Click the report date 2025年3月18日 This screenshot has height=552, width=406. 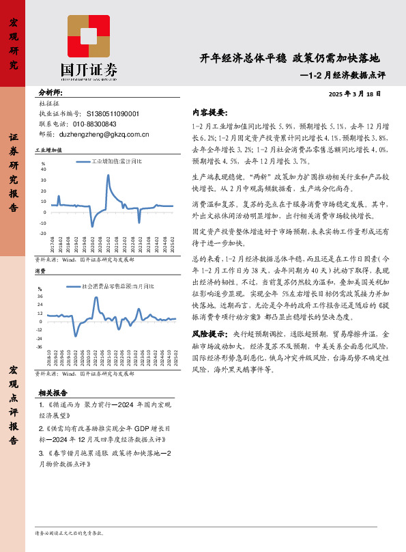click(355, 94)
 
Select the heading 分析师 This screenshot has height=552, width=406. click(50, 92)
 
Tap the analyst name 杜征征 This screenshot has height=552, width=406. click(50, 104)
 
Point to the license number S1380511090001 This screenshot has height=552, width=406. click(113, 114)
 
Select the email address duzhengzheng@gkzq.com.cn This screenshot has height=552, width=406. click(109, 135)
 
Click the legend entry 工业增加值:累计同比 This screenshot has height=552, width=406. click(117, 162)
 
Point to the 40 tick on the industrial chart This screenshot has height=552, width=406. click(44, 169)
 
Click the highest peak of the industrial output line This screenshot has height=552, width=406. click(108, 176)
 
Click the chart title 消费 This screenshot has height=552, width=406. click(40, 271)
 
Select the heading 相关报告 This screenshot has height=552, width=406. click(53, 393)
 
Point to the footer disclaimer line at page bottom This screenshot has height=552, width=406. click(68, 533)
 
